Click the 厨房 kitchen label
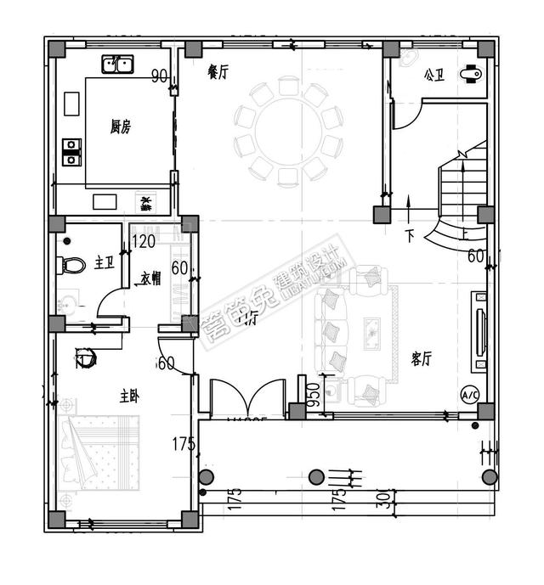[120, 127]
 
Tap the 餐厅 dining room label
[218, 73]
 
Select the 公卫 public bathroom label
[433, 76]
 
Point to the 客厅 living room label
[422, 359]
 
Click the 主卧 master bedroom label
[129, 396]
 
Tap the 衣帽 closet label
[152, 278]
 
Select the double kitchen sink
[118, 65]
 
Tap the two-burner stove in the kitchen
[71, 152]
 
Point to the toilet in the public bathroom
[469, 75]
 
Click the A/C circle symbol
[469, 396]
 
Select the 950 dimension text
[313, 395]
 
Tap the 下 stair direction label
[409, 235]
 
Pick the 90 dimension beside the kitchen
[159, 77]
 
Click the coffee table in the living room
[371, 335]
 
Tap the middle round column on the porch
[316, 476]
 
